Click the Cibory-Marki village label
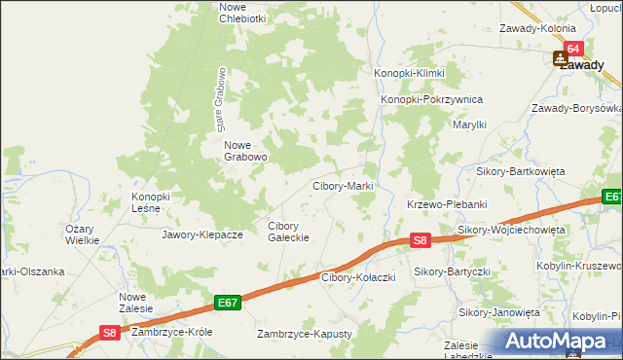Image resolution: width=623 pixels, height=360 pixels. click(x=342, y=186)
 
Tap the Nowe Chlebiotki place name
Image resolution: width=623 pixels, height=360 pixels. click(x=242, y=13)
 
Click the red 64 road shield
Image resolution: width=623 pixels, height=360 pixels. click(x=572, y=48)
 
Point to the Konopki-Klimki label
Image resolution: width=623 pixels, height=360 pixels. click(x=410, y=74)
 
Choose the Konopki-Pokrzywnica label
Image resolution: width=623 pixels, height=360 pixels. click(x=431, y=99)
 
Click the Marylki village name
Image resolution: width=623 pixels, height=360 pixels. click(x=469, y=125)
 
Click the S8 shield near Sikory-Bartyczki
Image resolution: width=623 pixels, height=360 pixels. click(x=419, y=239)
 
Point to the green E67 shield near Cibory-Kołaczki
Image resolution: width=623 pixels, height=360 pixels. click(x=228, y=304)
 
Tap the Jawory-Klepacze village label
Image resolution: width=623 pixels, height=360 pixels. click(x=202, y=234)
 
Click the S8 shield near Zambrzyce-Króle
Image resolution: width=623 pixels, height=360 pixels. click(x=110, y=333)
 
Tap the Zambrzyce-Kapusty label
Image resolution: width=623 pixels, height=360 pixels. click(x=304, y=334)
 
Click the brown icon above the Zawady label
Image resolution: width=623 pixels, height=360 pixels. click(x=561, y=58)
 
